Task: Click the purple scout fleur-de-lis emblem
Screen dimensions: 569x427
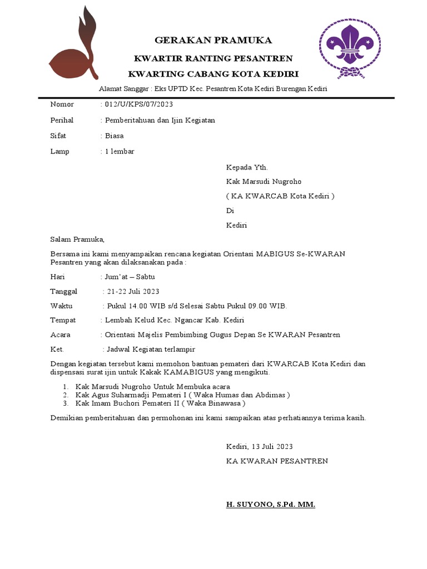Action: (349, 48)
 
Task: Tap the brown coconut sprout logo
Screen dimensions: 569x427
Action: (75, 50)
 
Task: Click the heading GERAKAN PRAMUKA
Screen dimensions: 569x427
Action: (213, 41)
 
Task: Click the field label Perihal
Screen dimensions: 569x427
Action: (62, 120)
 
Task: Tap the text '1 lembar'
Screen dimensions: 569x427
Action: (120, 151)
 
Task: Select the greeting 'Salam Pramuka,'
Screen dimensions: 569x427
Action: (77, 239)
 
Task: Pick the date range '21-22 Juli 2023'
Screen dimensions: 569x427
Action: (133, 291)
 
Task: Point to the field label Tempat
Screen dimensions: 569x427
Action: (63, 320)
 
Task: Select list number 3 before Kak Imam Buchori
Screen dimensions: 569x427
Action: (65, 403)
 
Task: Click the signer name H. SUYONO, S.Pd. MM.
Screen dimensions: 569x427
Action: (270, 505)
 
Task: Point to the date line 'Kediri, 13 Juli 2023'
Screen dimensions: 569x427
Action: (259, 446)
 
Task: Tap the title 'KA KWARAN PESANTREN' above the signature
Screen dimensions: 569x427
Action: (277, 461)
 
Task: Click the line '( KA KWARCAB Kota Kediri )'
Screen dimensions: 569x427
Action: (280, 196)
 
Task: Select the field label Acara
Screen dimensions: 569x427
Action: (61, 335)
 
